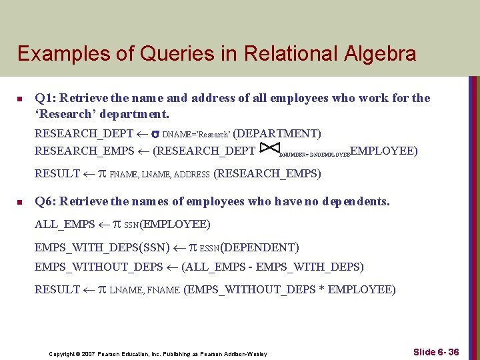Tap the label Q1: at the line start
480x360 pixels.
[x=45, y=98]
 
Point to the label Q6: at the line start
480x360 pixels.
[x=45, y=201]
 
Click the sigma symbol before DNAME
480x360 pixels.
[x=155, y=133]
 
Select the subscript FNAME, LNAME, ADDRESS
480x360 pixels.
[x=159, y=175]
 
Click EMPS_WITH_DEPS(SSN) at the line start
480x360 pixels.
[x=102, y=247]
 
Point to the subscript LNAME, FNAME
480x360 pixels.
[x=145, y=290]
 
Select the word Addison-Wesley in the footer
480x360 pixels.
[x=246, y=353]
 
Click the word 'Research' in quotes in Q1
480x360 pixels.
[x=64, y=114]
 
